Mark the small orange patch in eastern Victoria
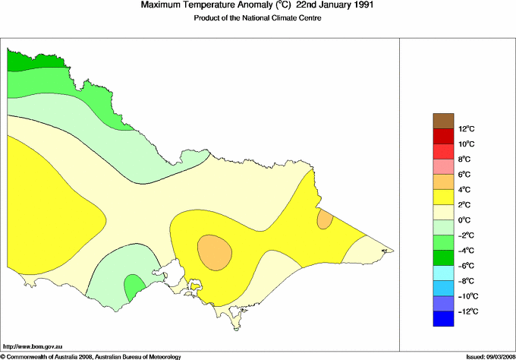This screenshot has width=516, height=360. pos(325,220)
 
